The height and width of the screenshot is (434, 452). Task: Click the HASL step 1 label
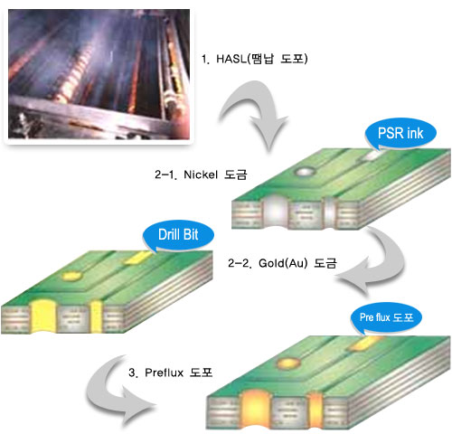[255, 59]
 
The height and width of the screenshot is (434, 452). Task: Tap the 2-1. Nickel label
[201, 175]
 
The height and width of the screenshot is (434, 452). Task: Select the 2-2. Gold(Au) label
[282, 263]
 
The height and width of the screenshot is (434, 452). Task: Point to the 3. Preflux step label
[170, 373]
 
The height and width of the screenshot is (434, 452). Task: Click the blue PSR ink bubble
[400, 133]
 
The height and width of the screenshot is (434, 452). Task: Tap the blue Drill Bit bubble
[178, 235]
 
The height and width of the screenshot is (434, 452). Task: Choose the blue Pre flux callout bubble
[386, 317]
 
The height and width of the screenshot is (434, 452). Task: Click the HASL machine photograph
[99, 74]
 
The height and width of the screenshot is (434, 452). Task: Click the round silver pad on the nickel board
[306, 172]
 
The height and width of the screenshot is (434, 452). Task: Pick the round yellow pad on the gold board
[71, 276]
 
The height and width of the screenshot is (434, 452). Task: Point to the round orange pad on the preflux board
[289, 363]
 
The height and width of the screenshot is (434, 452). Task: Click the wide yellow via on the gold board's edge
[44, 316]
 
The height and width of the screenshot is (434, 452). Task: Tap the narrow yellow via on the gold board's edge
[97, 316]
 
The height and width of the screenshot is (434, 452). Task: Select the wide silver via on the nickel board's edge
[276, 212]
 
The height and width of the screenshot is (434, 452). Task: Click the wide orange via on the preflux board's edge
[255, 409]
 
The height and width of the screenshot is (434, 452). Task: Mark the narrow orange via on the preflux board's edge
[315, 409]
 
